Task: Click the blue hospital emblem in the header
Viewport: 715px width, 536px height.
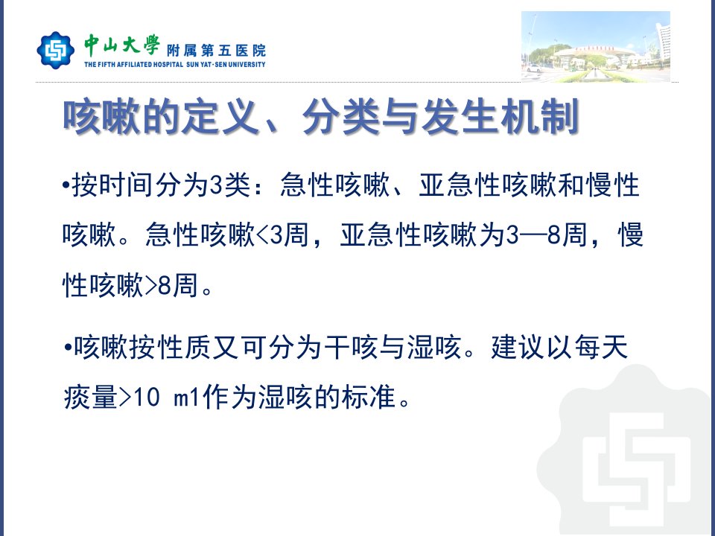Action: (x=56, y=50)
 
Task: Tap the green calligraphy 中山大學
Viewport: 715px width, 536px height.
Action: (x=121, y=45)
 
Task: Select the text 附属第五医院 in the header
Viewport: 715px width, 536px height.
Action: (x=216, y=50)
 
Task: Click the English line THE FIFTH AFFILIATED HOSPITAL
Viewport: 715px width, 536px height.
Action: (x=133, y=65)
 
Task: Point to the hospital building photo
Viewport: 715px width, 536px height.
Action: (x=596, y=47)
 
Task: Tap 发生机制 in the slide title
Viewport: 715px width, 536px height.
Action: (x=500, y=117)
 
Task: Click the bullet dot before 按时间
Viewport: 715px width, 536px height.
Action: (x=66, y=185)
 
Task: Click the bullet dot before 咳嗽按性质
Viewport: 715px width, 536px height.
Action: (x=68, y=348)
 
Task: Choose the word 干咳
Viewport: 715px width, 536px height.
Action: (x=351, y=348)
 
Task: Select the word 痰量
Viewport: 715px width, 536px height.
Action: (x=90, y=398)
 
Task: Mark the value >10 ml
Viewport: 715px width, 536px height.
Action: (x=159, y=398)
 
